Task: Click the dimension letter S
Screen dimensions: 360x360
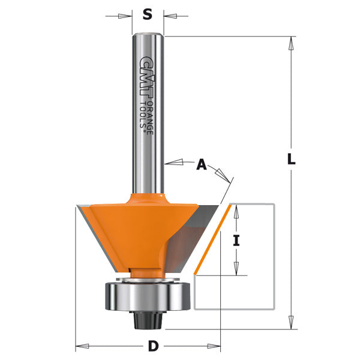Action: point(148,15)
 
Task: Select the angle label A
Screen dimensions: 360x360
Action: point(202,163)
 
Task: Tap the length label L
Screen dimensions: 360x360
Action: point(291,160)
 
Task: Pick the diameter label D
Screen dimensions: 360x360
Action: point(152,346)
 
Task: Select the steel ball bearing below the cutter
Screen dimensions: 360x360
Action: point(147,295)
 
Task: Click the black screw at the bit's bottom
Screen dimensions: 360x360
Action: point(148,319)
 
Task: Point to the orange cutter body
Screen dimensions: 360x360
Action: point(138,228)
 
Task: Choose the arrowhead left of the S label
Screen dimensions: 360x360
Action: point(127,15)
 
